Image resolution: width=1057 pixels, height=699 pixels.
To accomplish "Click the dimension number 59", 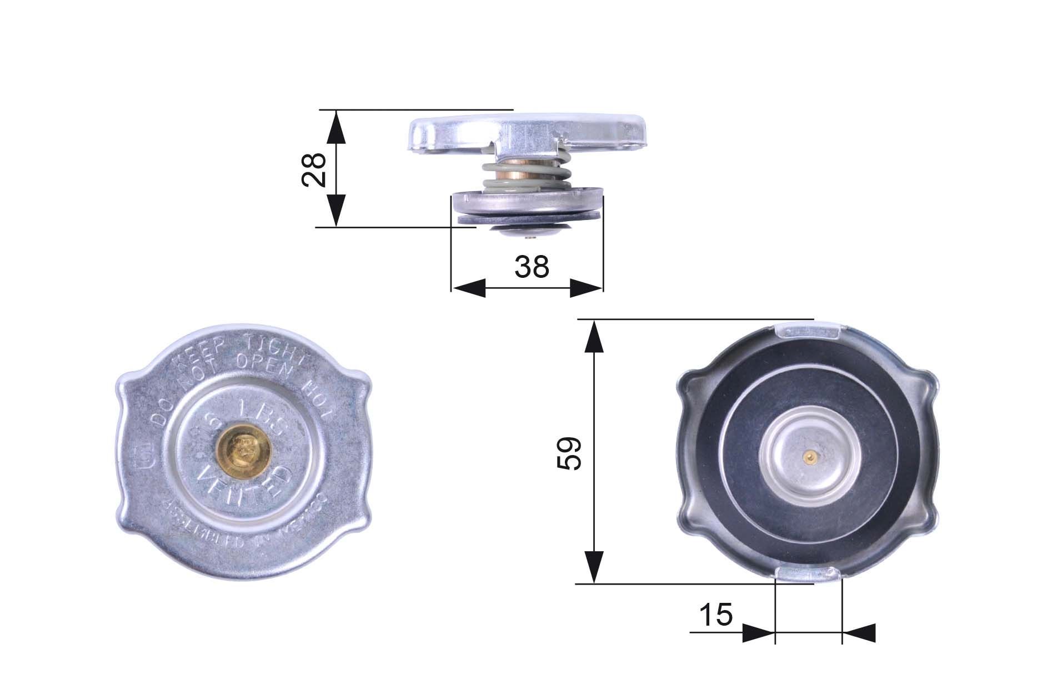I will tap(569, 453).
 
